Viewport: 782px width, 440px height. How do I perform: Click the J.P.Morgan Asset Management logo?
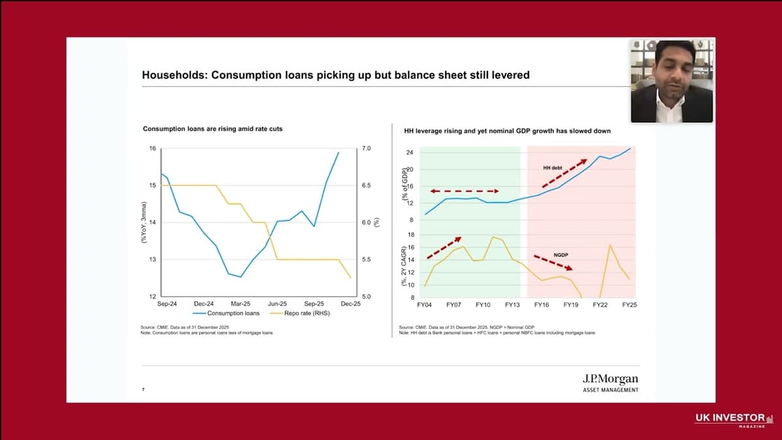(x=610, y=383)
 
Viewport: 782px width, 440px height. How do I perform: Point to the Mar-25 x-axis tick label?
(x=240, y=304)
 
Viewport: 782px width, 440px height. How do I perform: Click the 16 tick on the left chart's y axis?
(x=152, y=149)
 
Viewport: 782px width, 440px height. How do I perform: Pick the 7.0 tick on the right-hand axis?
(x=366, y=149)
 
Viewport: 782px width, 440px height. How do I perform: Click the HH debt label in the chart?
(x=552, y=168)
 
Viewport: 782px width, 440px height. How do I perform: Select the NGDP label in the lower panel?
(x=562, y=254)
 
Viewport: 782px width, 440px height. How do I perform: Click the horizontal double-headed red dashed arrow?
(x=464, y=191)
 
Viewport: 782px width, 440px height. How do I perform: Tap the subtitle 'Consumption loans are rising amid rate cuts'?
(x=212, y=129)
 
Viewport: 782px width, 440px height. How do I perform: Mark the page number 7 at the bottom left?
(x=143, y=390)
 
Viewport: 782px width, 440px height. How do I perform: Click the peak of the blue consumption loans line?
(x=338, y=153)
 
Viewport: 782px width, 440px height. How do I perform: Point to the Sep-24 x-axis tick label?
(x=167, y=304)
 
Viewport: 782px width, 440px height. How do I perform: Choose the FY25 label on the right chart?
(x=630, y=305)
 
